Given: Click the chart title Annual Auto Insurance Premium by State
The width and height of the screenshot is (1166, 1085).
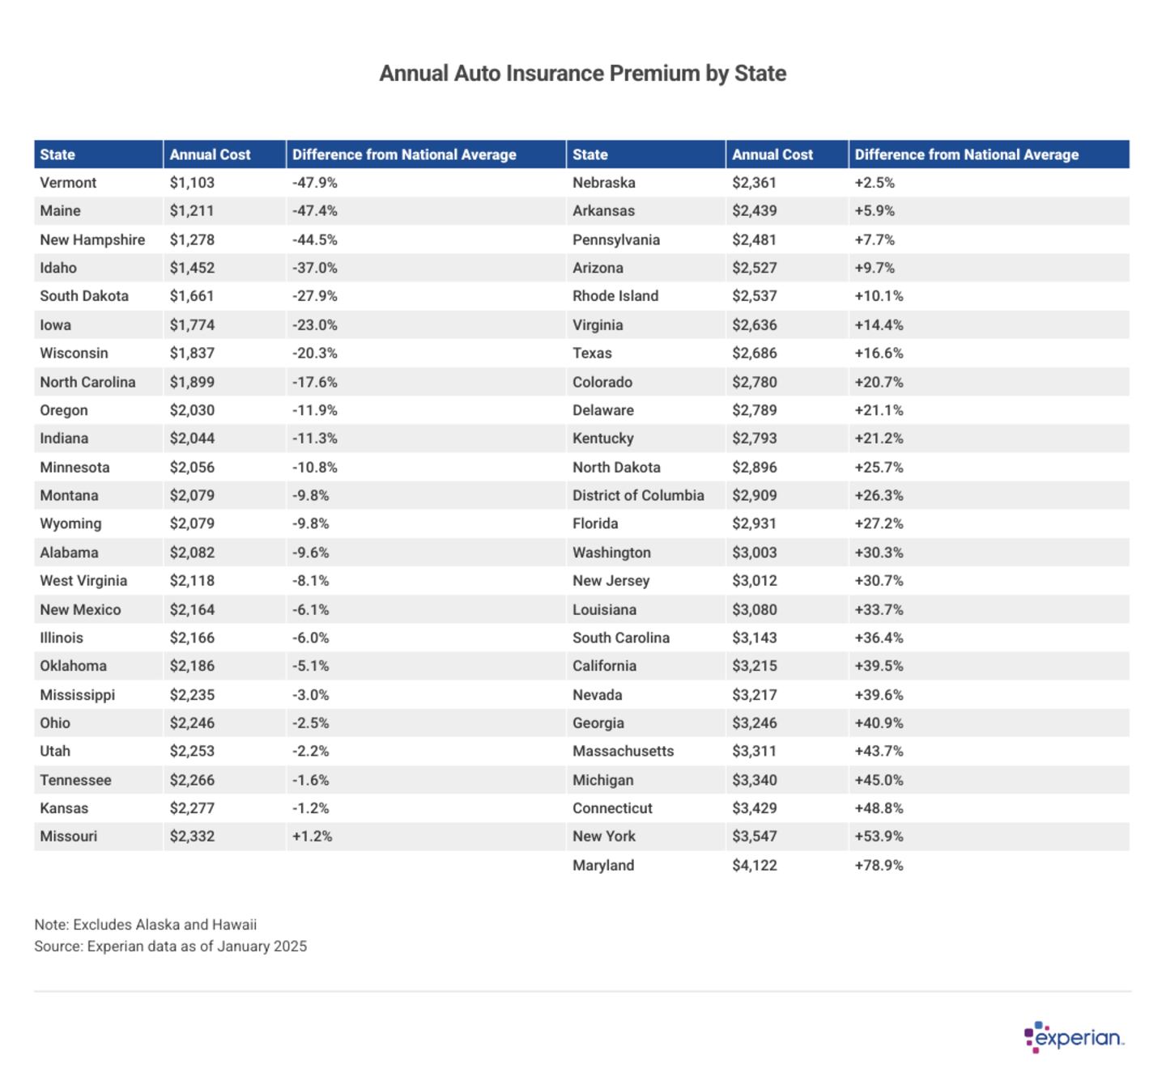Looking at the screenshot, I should (x=582, y=74).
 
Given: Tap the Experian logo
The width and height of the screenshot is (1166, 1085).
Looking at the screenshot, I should (x=1075, y=1037).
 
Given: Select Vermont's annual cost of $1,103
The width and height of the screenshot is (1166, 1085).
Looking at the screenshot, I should (x=192, y=183).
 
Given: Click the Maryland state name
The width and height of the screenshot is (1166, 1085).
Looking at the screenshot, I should (x=603, y=865).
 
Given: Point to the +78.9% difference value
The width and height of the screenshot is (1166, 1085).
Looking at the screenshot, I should (x=879, y=865).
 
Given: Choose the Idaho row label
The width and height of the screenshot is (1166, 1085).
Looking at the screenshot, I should (x=58, y=268).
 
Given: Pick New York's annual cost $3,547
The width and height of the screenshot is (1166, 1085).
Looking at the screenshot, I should (x=754, y=837).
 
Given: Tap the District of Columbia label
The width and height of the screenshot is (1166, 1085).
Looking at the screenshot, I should (x=638, y=495).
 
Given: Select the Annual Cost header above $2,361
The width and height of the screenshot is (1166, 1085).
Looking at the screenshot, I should (x=772, y=155).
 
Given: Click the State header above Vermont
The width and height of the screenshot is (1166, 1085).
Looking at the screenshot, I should (x=57, y=155).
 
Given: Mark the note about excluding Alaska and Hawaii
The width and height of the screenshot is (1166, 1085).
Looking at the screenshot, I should (x=146, y=925).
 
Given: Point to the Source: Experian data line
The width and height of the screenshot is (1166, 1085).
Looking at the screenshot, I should (x=171, y=946).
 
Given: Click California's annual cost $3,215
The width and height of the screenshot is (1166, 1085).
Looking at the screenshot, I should (x=754, y=666).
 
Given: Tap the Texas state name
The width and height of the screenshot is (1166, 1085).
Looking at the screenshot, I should (x=592, y=354).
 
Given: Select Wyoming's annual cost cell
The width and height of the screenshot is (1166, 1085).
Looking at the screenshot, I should (x=192, y=523).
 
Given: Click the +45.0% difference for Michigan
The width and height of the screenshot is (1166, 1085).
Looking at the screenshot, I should (x=879, y=780).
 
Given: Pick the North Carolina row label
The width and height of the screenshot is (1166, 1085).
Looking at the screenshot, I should (x=87, y=382).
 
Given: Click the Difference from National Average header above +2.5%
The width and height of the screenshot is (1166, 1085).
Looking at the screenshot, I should (x=966, y=155).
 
